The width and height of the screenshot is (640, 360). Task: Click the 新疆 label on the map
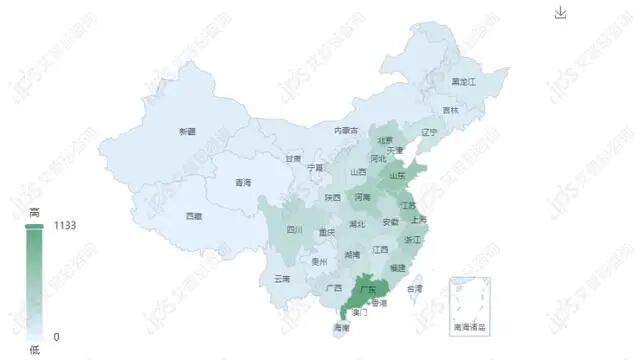coord(187,132)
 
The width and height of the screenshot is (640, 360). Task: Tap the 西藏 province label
coord(193,216)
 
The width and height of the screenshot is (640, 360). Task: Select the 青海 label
coord(243,183)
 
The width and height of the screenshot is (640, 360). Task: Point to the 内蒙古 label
coord(346,130)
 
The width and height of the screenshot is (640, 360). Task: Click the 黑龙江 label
coord(465,80)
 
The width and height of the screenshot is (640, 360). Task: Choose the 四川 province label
coord(294,230)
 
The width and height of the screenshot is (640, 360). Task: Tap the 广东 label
coord(372,290)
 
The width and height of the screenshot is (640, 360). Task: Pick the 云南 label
coord(282,279)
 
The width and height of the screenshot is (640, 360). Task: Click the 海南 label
coord(342,327)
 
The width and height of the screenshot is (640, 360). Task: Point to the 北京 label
coord(385,140)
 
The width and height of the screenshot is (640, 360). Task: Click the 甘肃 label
coord(292,158)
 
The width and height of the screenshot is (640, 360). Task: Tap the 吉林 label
coord(452,110)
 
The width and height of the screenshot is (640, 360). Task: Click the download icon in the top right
coord(560,13)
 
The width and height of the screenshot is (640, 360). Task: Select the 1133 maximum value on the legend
coord(65,226)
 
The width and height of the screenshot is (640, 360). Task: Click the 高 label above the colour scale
coord(34,212)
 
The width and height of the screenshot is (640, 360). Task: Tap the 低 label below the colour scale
coord(34,350)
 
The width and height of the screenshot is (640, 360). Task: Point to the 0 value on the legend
coord(56,337)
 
